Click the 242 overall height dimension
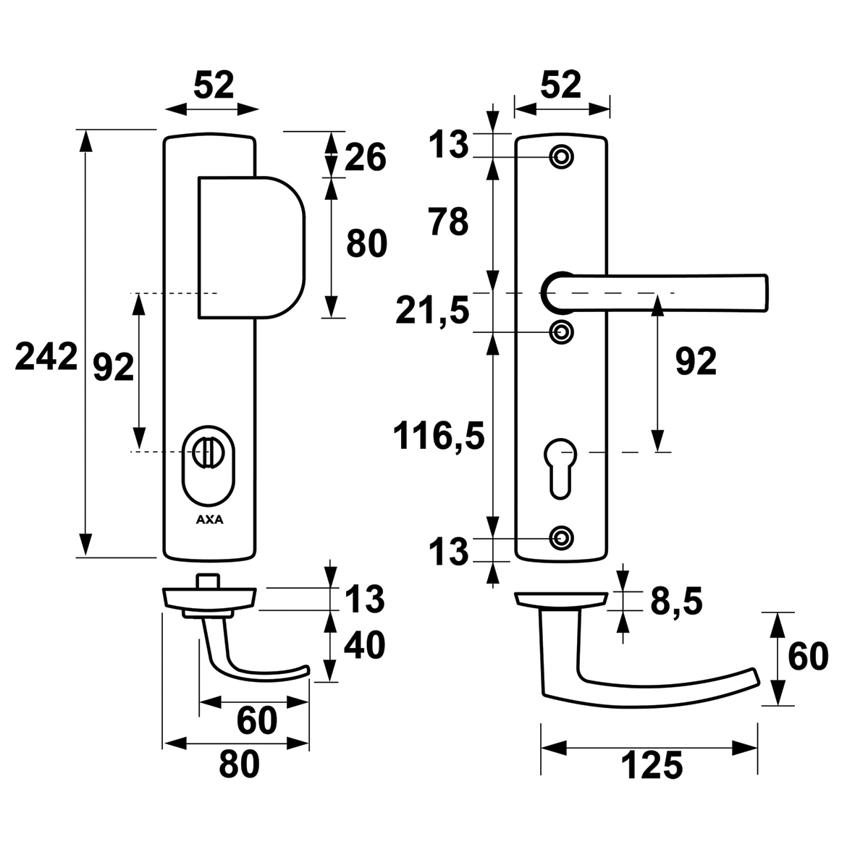click(x=46, y=358)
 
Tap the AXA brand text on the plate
click(x=210, y=519)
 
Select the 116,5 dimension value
click(x=438, y=437)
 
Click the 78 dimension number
click(x=448, y=222)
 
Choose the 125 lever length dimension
click(x=651, y=767)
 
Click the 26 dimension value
click(x=366, y=157)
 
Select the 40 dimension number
click(x=364, y=646)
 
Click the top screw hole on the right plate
click(x=561, y=156)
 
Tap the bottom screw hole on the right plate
click(x=561, y=537)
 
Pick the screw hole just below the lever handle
click(x=561, y=332)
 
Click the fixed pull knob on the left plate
click(x=250, y=247)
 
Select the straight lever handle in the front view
click(x=655, y=292)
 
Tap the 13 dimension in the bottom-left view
click(x=364, y=600)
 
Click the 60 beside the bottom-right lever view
click(x=806, y=657)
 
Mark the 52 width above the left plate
click(x=214, y=86)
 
